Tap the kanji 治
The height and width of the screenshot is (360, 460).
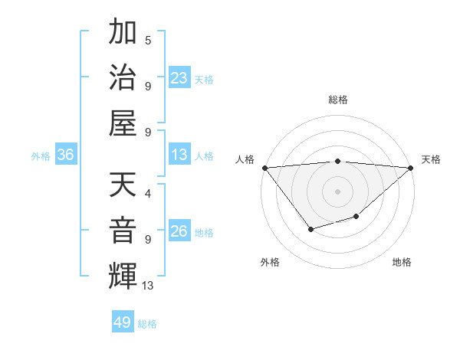click(123, 77)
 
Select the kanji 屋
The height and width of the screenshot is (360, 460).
click(123, 122)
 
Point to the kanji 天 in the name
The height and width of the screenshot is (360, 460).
click(123, 184)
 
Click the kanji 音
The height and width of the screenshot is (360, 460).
click(123, 230)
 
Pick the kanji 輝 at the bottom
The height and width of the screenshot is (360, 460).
click(123, 276)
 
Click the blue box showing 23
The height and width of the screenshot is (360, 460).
click(179, 77)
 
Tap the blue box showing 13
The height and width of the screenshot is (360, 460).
click(179, 155)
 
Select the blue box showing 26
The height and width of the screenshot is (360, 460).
click(179, 231)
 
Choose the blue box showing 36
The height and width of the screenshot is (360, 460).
click(65, 155)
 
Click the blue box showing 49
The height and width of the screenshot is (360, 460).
click(123, 322)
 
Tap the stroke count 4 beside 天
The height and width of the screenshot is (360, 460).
click(148, 193)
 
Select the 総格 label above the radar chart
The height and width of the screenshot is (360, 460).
click(338, 100)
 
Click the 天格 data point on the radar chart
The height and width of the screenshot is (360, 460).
click(411, 168)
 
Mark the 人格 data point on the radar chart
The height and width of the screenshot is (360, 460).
click(264, 168)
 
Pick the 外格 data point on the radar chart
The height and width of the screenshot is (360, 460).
click(310, 229)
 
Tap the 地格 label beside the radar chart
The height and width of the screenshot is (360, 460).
click(402, 262)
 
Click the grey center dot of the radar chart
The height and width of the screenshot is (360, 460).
click(338, 191)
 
